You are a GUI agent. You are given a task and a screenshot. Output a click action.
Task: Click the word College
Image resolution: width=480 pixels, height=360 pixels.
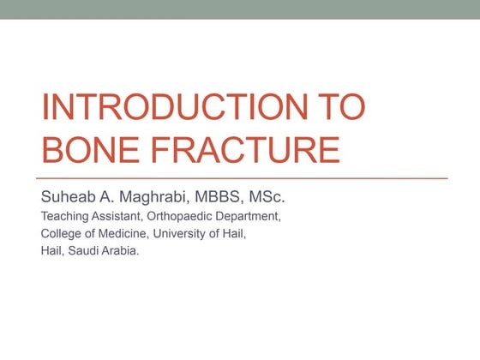tap(62, 232)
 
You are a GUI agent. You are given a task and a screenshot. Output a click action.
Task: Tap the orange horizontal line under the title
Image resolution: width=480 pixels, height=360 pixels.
tap(244, 177)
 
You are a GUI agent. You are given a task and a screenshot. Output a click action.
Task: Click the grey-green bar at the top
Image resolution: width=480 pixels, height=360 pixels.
tap(240, 9)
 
